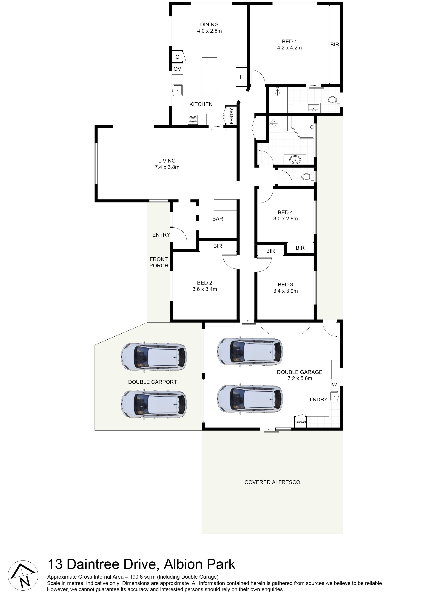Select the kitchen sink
tap(177, 90)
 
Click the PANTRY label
tap(231, 116)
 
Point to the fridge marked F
tap(241, 77)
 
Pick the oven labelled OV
tap(177, 69)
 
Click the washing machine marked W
tap(334, 385)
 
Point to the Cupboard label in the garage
tap(301, 422)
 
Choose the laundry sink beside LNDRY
tap(335, 396)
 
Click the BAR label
tap(217, 219)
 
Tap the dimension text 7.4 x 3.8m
tap(167, 167)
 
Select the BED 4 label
tap(285, 212)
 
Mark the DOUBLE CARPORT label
tap(152, 382)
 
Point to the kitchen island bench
tap(209, 76)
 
